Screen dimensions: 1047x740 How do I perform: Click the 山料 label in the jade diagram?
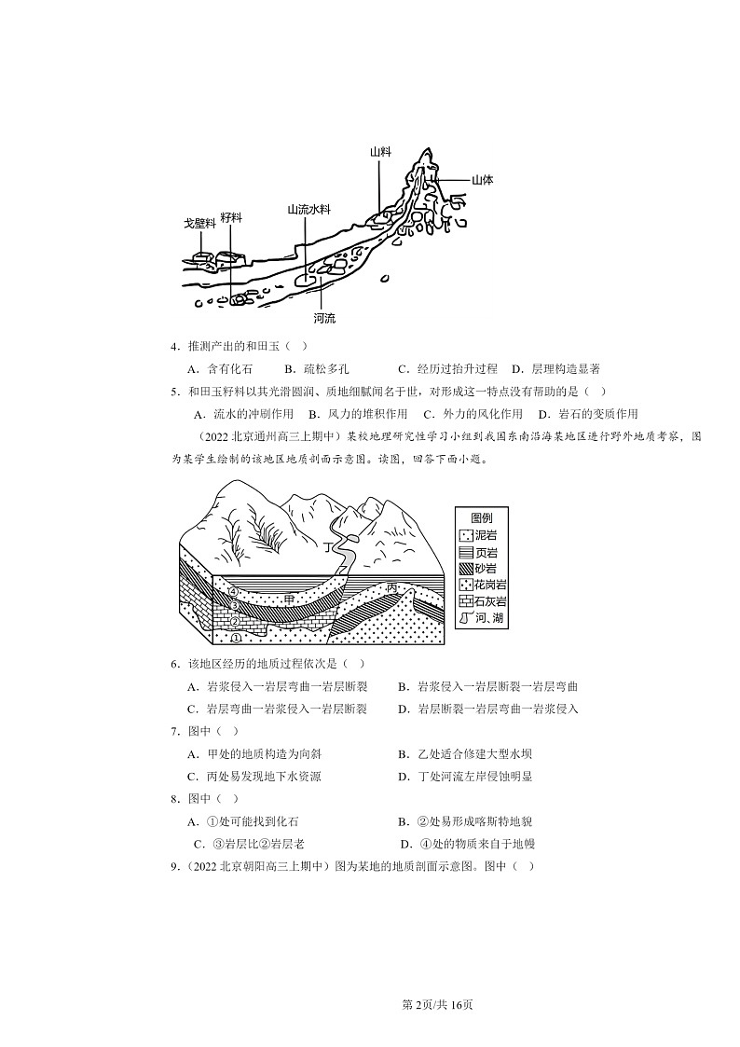click(x=379, y=152)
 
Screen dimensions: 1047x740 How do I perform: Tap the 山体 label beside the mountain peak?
click(x=482, y=180)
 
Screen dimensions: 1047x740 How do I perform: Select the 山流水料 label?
click(x=308, y=210)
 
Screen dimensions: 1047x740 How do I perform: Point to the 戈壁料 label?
click(x=199, y=224)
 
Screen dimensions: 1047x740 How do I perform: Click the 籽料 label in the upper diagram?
click(x=231, y=216)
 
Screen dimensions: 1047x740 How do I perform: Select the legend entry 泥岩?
click(x=485, y=536)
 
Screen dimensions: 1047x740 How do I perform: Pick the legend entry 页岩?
click(x=485, y=552)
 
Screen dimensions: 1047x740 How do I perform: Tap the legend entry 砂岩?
click(x=485, y=568)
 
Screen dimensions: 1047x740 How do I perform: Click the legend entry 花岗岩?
click(x=488, y=585)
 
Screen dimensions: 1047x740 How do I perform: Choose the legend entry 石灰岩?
click(x=488, y=600)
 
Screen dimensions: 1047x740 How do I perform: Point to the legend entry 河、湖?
click(x=488, y=617)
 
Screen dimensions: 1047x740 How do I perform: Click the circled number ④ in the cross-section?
click(x=233, y=591)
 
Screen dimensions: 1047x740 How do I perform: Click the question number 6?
click(x=174, y=663)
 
